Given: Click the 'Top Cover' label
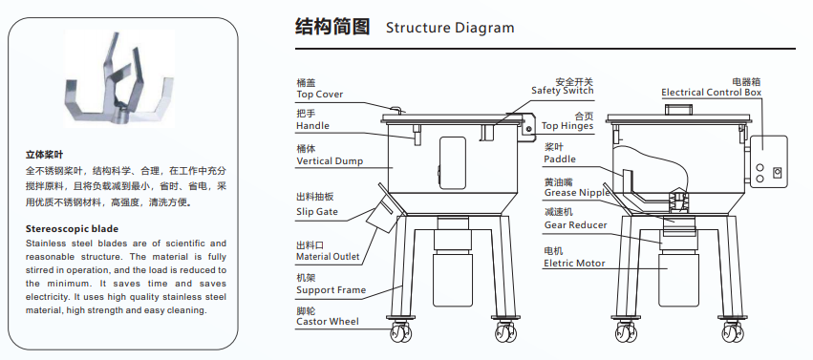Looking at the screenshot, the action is tap(319, 95).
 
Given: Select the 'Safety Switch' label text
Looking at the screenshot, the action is tap(562, 91).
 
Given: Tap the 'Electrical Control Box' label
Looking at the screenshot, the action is tap(712, 93).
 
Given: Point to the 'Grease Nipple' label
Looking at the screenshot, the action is tap(577, 193).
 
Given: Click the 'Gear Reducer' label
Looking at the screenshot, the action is tap(575, 224).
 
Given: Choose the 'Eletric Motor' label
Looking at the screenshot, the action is tap(574, 264).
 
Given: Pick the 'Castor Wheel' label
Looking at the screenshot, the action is tap(327, 322).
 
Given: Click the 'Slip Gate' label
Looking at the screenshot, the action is tap(317, 212).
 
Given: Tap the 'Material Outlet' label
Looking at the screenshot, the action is tap(328, 257).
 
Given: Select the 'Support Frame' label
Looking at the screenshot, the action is tap(331, 290).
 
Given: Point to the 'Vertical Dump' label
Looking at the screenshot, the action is tap(330, 161).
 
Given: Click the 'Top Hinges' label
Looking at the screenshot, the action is tap(567, 126).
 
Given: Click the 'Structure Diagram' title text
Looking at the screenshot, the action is tap(450, 28).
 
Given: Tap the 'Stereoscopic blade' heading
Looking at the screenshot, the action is tap(72, 229).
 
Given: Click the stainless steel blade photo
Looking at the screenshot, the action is tap(119, 78).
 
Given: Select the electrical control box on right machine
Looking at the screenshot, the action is tap(768, 161).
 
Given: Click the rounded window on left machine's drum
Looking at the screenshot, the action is tap(453, 163).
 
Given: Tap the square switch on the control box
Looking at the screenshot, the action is tap(777, 173).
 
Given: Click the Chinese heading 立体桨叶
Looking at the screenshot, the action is tap(44, 155).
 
